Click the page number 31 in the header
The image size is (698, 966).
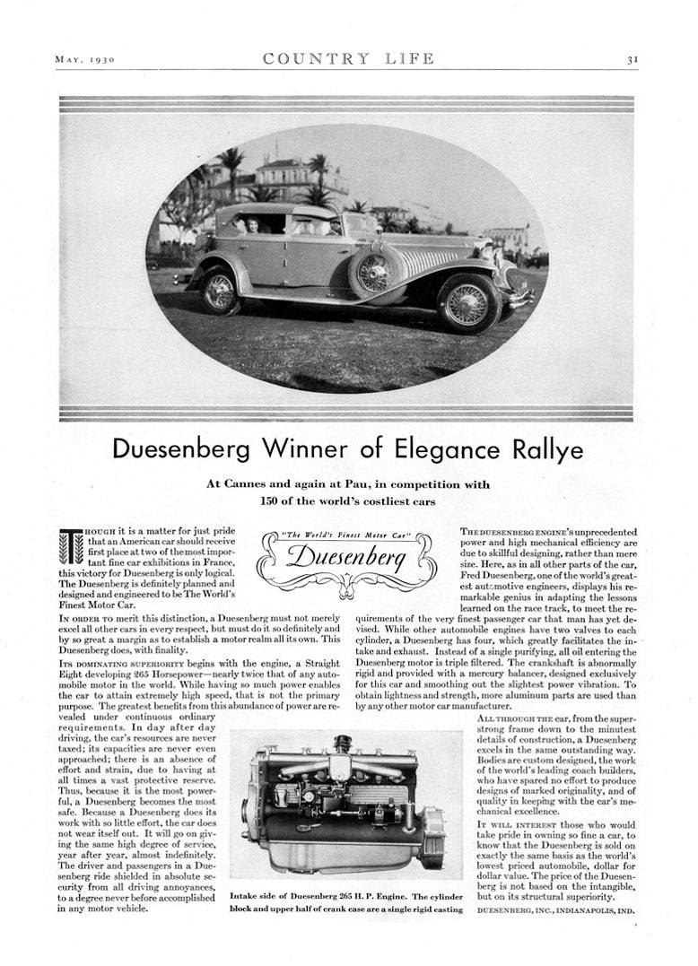click(x=633, y=60)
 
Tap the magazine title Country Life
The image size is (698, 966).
click(x=348, y=59)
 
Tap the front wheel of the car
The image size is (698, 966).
click(x=467, y=304)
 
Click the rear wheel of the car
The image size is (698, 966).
click(x=221, y=289)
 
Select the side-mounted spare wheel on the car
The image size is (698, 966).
click(x=375, y=273)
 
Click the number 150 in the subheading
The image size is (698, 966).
click(x=273, y=501)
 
